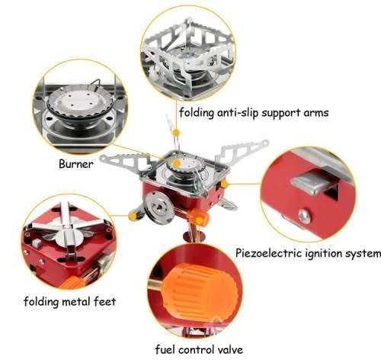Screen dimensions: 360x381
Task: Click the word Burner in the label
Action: (x=75, y=163)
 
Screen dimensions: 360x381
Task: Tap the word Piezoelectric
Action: (x=271, y=252)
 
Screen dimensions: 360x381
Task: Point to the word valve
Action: (x=227, y=350)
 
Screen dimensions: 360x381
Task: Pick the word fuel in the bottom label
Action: (x=165, y=350)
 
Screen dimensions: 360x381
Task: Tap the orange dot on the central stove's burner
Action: (x=177, y=163)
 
